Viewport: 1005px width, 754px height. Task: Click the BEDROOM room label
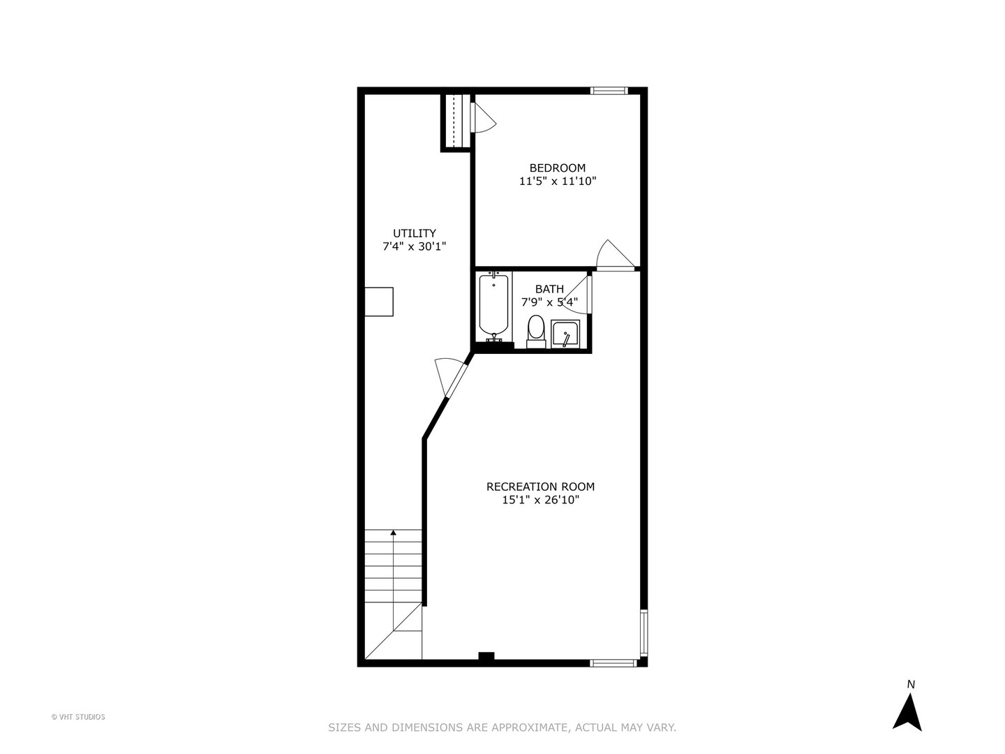(x=557, y=168)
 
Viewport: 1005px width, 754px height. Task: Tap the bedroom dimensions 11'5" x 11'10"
(x=557, y=182)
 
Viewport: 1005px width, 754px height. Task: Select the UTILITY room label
(x=414, y=233)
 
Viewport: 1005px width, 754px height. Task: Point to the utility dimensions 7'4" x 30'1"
(x=414, y=246)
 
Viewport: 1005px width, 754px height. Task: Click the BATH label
(x=549, y=289)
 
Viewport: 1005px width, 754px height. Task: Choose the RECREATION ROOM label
(x=540, y=487)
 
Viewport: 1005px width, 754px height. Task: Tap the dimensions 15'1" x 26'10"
(x=540, y=500)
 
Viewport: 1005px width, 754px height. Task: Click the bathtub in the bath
(x=493, y=305)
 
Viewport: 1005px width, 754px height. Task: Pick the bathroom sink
(x=565, y=334)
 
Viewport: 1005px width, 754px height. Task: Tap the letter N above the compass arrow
(x=910, y=684)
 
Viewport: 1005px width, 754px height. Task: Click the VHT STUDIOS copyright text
(x=78, y=717)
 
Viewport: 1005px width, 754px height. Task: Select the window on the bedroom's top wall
(x=609, y=90)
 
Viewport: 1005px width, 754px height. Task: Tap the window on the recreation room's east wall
(x=643, y=632)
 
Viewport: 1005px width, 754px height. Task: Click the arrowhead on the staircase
(x=394, y=533)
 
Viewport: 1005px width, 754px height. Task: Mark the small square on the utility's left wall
(x=379, y=302)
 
